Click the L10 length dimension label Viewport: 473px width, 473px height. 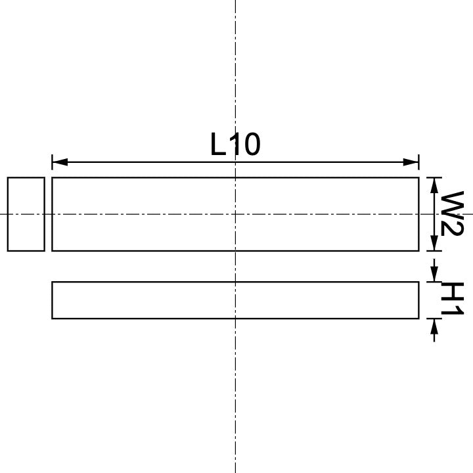click(x=235, y=145)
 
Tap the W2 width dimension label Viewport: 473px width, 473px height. click(x=453, y=214)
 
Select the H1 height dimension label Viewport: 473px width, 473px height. click(x=453, y=300)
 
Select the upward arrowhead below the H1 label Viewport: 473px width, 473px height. click(x=434, y=325)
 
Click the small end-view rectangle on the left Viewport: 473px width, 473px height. click(x=26, y=214)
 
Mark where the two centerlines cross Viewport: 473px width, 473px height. click(x=235, y=214)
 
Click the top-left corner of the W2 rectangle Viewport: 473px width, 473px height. click(x=53, y=177)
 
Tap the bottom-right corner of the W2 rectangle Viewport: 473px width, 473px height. click(x=418, y=250)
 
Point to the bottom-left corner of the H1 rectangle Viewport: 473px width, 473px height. click(x=53, y=319)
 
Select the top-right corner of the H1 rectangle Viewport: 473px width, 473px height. click(x=418, y=282)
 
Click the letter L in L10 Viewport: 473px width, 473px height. click(x=218, y=145)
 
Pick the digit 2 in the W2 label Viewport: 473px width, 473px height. click(x=453, y=228)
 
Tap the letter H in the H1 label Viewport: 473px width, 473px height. click(x=453, y=292)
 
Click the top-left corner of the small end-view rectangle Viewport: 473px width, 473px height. click(x=8, y=177)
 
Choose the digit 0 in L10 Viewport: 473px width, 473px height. click(x=250, y=145)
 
